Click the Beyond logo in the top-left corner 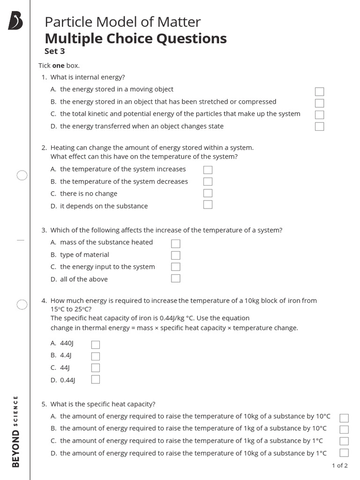[15, 22]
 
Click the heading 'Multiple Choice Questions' [135, 38]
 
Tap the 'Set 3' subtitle [54, 52]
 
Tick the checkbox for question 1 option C [319, 114]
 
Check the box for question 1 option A [319, 91]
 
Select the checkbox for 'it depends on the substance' [208, 204]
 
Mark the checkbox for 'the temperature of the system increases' [208, 170]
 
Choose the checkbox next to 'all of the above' [176, 278]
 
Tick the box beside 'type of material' [176, 255]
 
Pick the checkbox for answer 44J [96, 367]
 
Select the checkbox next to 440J [96, 345]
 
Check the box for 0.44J [96, 379]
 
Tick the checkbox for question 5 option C [344, 441]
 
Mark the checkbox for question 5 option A [344, 418]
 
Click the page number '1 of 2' [339, 465]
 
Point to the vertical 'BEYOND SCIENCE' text [16, 431]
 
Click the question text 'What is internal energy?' [88, 77]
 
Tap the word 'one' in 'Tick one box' [58, 66]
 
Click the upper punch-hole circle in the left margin [22, 175]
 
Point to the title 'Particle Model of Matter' [122, 22]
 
